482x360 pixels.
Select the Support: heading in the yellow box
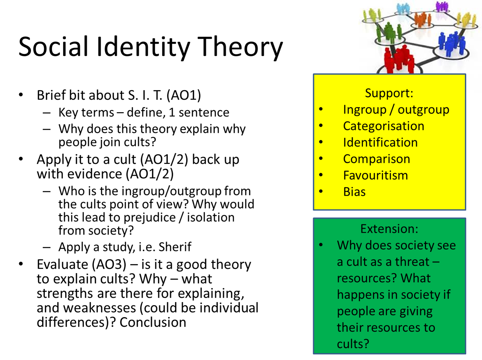[x=389, y=93]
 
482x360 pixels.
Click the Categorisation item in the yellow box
[x=383, y=126]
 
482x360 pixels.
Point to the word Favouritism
[x=375, y=175]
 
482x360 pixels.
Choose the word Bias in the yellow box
[x=354, y=192]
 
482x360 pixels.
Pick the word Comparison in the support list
[x=376, y=159]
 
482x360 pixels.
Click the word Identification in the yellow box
[x=380, y=142]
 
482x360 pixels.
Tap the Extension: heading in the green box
[x=389, y=229]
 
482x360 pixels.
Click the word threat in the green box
[x=412, y=262]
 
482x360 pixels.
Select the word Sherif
[x=175, y=247]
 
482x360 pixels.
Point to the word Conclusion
[x=153, y=322]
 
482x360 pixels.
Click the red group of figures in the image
[x=399, y=59]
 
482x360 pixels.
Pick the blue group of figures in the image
[x=450, y=43]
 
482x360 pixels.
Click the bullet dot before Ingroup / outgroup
[x=321, y=109]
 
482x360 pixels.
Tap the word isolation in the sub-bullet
[x=211, y=218]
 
